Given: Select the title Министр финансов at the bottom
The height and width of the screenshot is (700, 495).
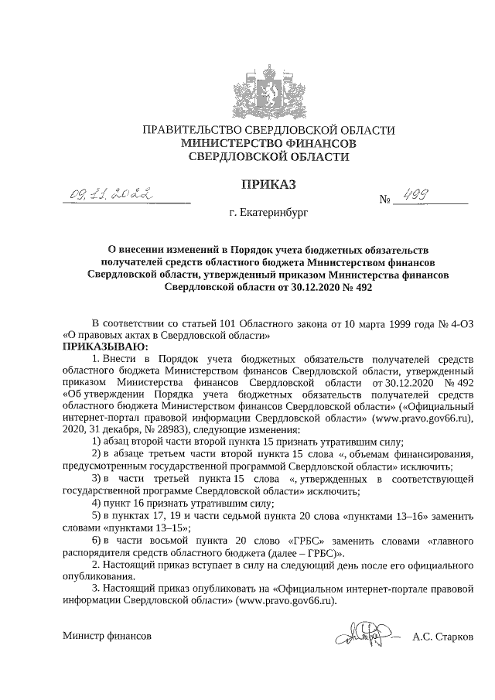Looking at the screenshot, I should tap(108, 638).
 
